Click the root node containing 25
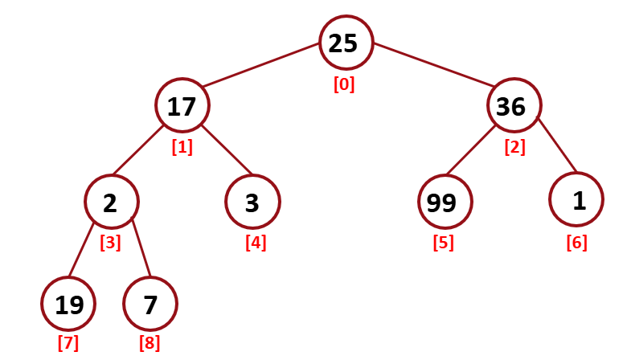(346, 43)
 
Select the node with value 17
(183, 105)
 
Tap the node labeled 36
(513, 105)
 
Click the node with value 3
(252, 202)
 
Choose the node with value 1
(578, 201)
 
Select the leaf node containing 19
(68, 304)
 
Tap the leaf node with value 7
(150, 304)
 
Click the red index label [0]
(344, 84)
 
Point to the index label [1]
(182, 147)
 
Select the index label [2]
(514, 147)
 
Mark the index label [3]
(110, 242)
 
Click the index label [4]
(256, 242)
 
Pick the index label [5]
(443, 242)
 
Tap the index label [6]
(576, 242)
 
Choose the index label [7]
(68, 343)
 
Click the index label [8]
(150, 343)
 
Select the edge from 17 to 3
(227, 150)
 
